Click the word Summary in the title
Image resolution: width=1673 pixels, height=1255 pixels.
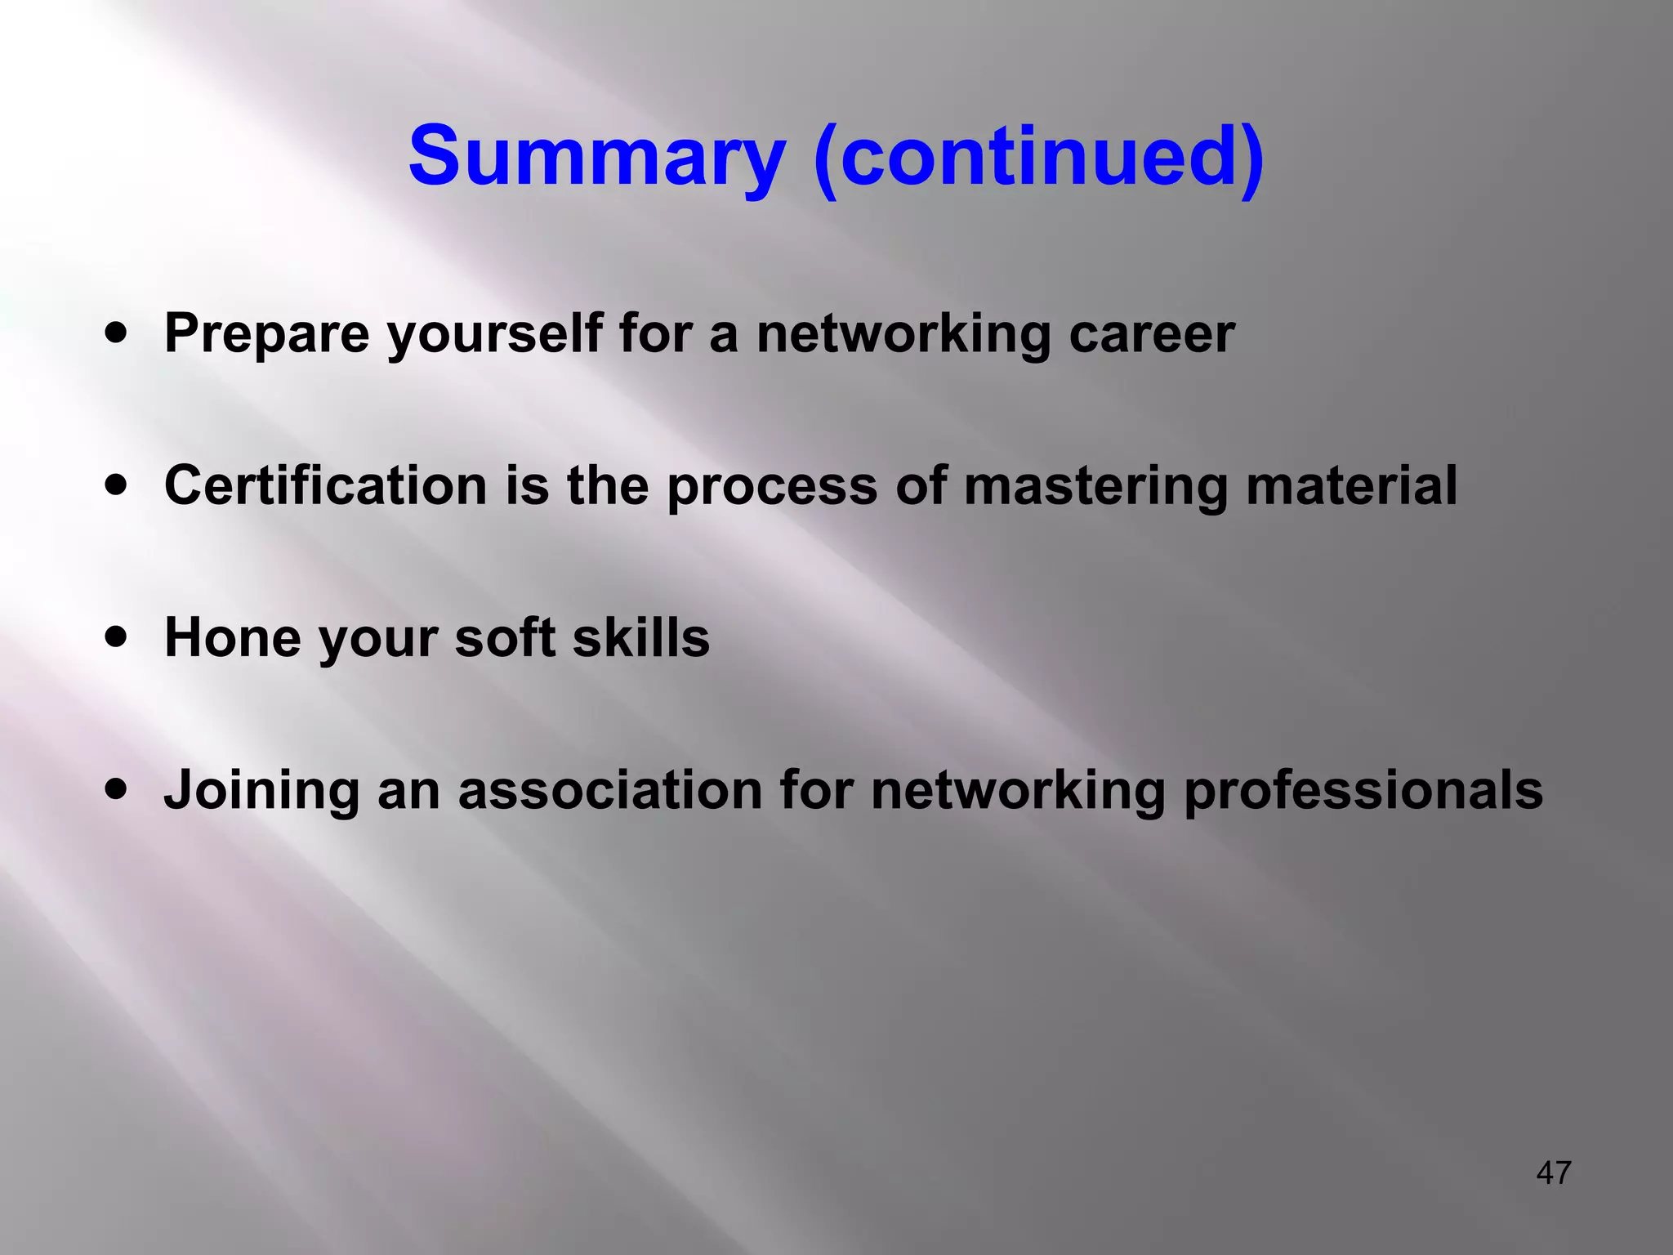point(597,157)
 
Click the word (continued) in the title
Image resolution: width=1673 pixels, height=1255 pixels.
point(1039,157)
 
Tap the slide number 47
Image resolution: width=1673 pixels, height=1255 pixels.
point(1553,1173)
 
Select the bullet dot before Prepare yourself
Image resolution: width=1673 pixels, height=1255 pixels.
point(117,333)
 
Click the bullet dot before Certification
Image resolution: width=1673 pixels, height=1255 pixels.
point(117,485)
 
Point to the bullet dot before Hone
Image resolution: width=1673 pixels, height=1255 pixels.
point(117,637)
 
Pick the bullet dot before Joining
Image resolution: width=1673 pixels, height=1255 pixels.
point(117,790)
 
